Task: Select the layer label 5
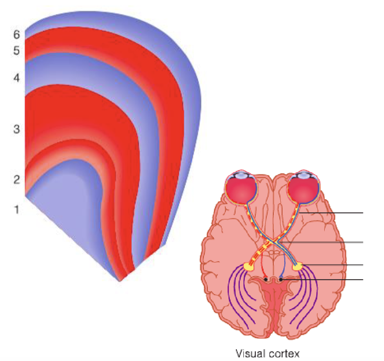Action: click(16, 51)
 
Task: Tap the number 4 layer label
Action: click(16, 78)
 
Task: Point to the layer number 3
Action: click(16, 129)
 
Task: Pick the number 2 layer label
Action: click(16, 179)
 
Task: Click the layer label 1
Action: click(16, 209)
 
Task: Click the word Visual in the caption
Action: click(250, 353)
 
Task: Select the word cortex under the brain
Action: click(284, 353)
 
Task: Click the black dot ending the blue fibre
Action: click(280, 279)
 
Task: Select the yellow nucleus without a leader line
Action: click(249, 266)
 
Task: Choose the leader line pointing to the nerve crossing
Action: click(325, 242)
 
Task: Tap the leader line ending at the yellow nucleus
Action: click(334, 265)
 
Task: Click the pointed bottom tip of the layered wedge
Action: click(120, 280)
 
